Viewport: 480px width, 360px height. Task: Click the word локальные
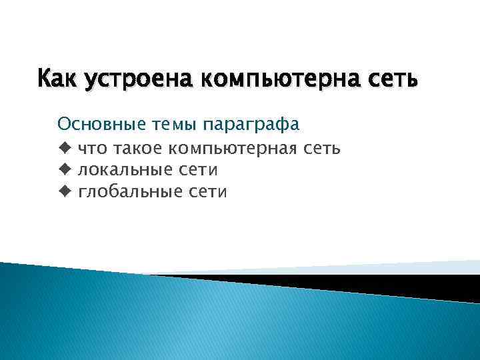point(126,171)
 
